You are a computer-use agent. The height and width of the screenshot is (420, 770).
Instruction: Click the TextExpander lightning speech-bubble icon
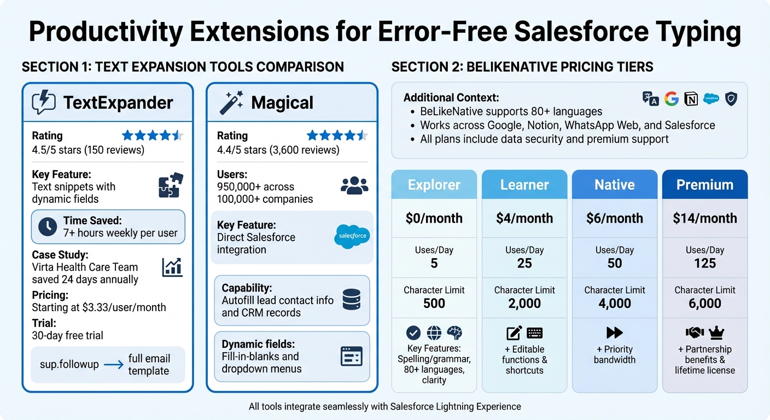pyautogui.click(x=44, y=102)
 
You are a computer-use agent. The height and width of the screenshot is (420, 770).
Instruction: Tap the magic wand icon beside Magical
pyautogui.click(x=232, y=102)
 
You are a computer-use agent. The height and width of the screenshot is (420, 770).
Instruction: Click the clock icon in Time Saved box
pyautogui.click(x=48, y=226)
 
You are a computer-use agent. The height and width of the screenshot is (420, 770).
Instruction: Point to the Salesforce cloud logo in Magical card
pyautogui.click(x=352, y=236)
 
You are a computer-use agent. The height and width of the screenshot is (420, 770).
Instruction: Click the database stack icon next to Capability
pyautogui.click(x=352, y=300)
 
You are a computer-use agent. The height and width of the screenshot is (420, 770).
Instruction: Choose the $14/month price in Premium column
pyautogui.click(x=704, y=218)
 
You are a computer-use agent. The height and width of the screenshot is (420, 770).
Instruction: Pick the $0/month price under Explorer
pyautogui.click(x=434, y=218)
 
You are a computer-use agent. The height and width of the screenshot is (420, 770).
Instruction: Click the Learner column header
pyautogui.click(x=524, y=185)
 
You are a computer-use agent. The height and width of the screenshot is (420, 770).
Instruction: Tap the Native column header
pyautogui.click(x=614, y=185)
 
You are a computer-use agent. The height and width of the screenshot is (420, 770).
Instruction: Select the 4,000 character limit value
pyautogui.click(x=614, y=304)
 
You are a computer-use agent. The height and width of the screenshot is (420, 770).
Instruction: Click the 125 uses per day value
pyautogui.click(x=704, y=263)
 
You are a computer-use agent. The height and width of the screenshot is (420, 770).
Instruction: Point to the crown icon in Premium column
pyautogui.click(x=716, y=332)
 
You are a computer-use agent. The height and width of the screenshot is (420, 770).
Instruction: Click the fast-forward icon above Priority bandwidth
pyautogui.click(x=614, y=332)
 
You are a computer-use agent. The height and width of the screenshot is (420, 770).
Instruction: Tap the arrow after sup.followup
pyautogui.click(x=113, y=365)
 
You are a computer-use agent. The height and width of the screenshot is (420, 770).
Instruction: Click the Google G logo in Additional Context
pyautogui.click(x=672, y=98)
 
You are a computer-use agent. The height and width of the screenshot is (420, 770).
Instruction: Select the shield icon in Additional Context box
pyautogui.click(x=731, y=98)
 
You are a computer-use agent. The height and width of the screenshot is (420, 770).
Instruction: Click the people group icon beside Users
pyautogui.click(x=354, y=185)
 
